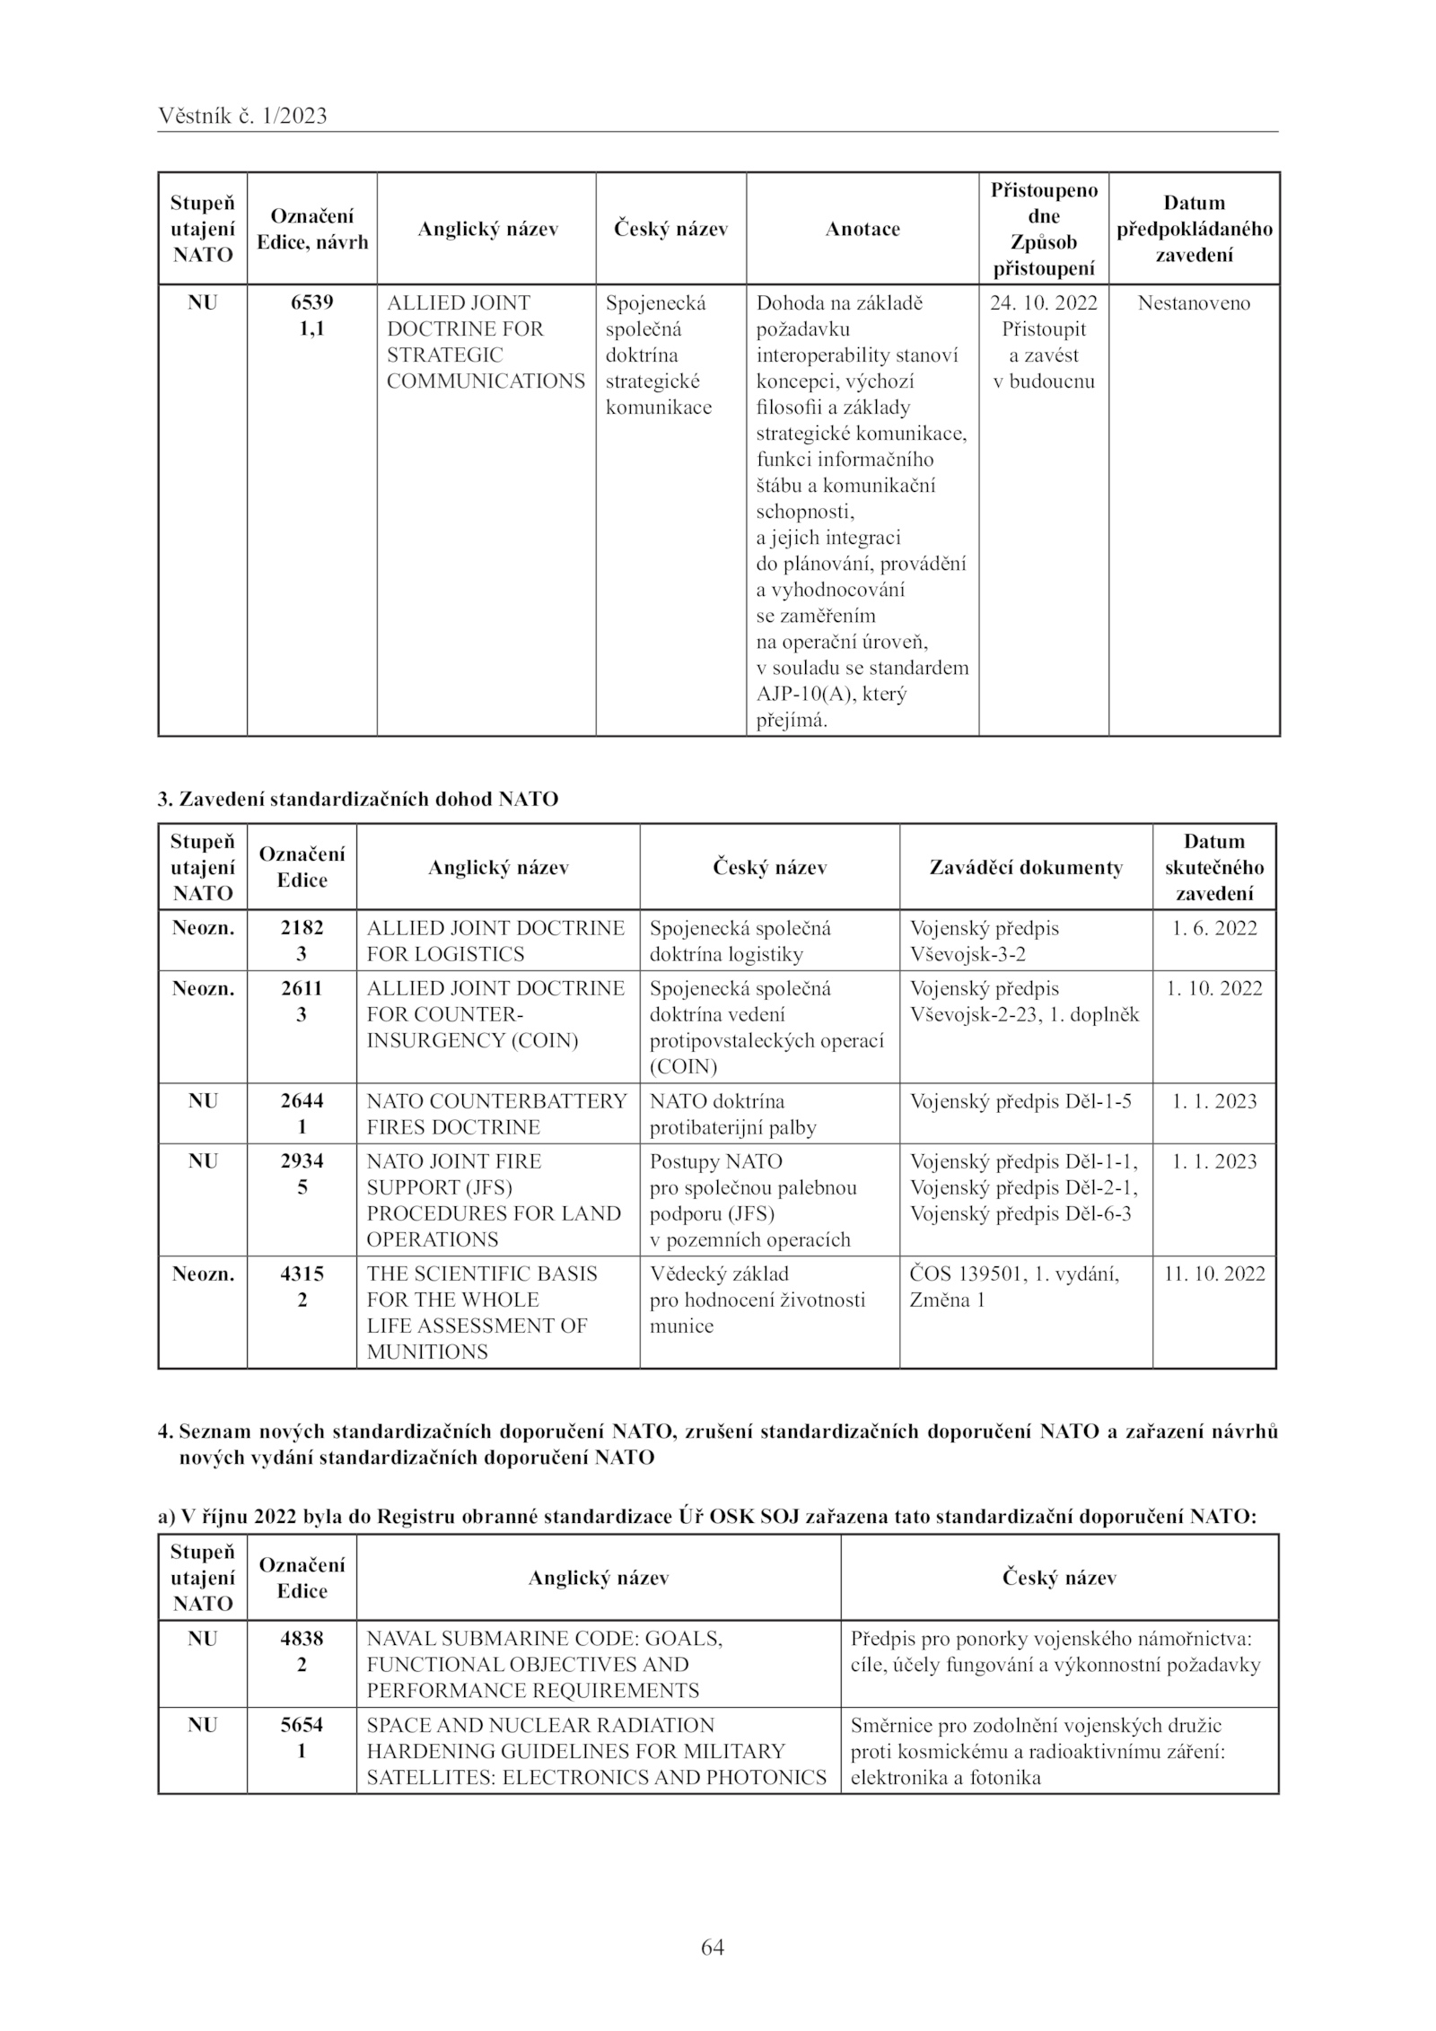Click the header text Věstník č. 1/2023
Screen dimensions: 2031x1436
(242, 116)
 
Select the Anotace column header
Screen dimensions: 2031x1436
(862, 229)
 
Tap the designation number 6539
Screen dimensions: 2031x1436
(311, 302)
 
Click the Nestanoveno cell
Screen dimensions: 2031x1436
(1194, 302)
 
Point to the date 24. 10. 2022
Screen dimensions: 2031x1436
(1044, 302)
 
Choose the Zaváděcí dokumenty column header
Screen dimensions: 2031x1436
(1026, 867)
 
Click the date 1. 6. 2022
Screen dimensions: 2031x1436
(1214, 928)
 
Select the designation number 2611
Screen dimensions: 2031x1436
(302, 988)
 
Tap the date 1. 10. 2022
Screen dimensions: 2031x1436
(1214, 988)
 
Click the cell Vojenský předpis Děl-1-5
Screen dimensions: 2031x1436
(1020, 1101)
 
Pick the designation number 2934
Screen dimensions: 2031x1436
(302, 1160)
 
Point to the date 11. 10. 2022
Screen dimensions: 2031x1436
(1214, 1274)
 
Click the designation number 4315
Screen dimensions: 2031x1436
(302, 1274)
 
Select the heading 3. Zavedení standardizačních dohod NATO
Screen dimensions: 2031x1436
(358, 799)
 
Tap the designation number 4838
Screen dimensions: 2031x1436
(302, 1638)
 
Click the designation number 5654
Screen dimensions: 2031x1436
(302, 1725)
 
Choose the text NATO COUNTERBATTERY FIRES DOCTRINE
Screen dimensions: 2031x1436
(496, 1114)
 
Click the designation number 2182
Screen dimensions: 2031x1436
(302, 928)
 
